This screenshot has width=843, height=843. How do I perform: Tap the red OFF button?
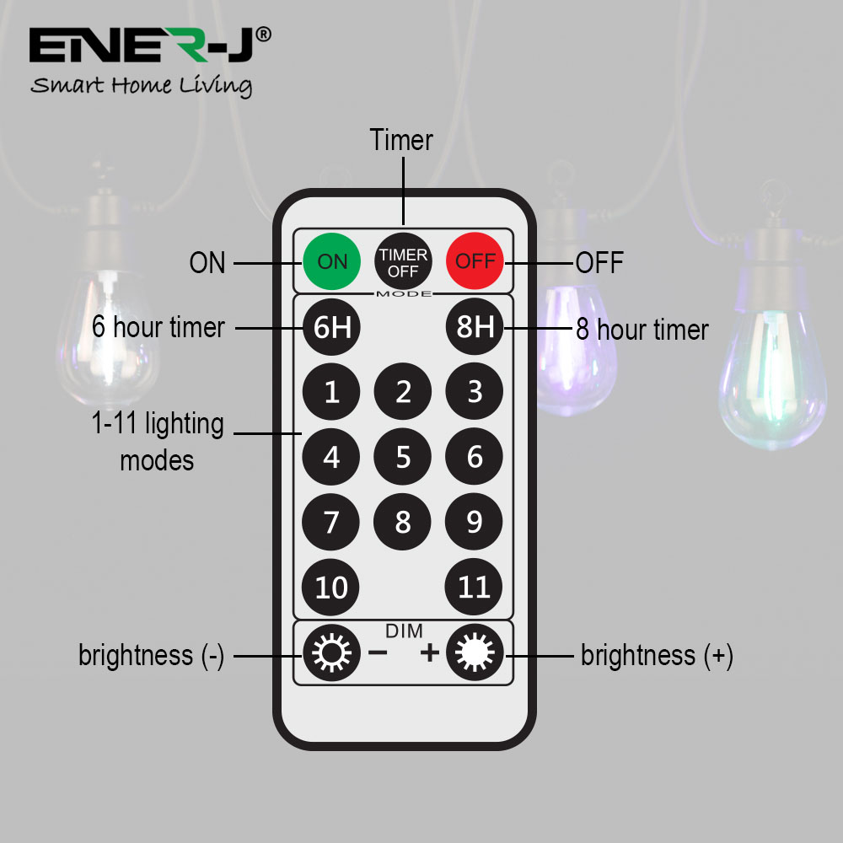click(x=475, y=260)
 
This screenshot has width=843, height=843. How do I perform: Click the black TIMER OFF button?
click(x=403, y=262)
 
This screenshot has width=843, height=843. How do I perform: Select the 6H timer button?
click(x=331, y=327)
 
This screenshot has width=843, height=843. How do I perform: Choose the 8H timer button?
click(x=475, y=326)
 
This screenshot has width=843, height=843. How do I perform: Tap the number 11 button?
click(x=474, y=587)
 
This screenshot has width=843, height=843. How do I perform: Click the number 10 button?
click(x=330, y=587)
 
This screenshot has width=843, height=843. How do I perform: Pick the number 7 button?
click(x=330, y=522)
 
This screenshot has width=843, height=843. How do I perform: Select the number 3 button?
click(x=474, y=391)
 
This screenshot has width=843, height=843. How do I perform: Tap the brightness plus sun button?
click(x=475, y=652)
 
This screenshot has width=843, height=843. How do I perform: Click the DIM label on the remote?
click(x=405, y=631)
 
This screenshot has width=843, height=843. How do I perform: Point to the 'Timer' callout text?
click(x=401, y=140)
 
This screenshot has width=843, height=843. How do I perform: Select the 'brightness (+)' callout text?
click(x=657, y=655)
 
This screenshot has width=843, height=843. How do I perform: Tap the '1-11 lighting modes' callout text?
click(x=158, y=442)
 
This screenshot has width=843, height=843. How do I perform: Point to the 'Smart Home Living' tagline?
click(x=142, y=85)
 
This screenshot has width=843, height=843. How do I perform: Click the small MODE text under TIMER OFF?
click(x=404, y=293)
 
